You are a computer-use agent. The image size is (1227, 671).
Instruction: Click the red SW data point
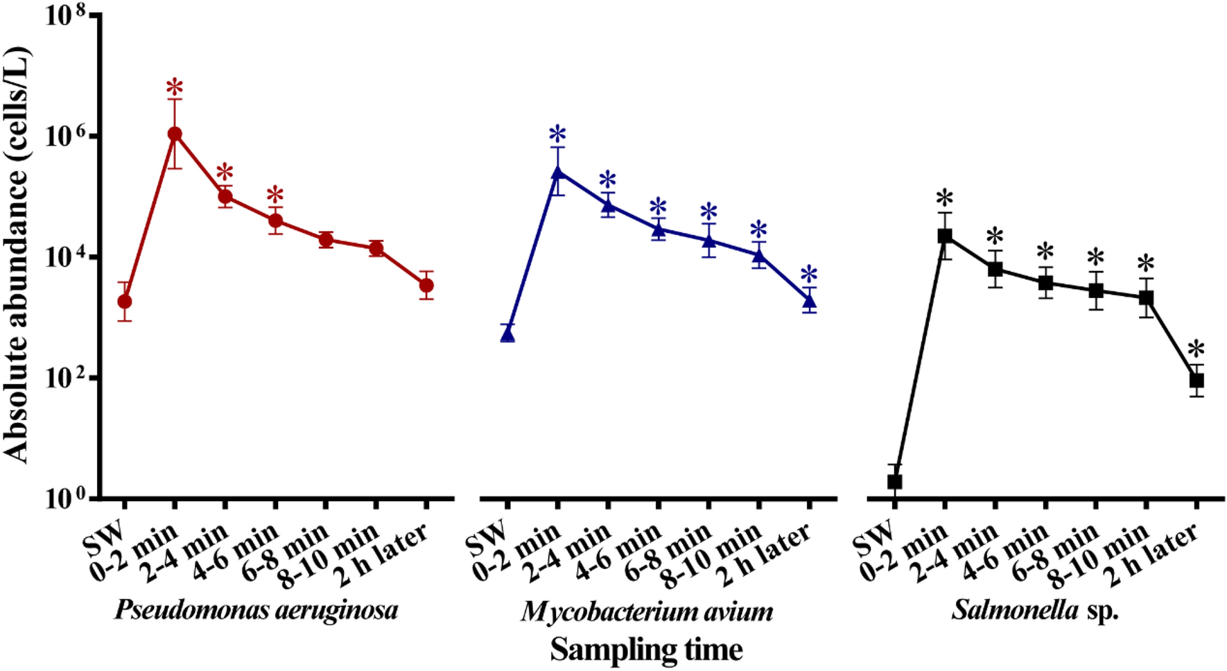125,302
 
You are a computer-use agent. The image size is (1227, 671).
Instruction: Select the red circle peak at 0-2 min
175,134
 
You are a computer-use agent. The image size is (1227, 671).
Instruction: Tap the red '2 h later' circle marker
426,285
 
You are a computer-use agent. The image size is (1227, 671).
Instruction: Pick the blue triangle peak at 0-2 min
557,171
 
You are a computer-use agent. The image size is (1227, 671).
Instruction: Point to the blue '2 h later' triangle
809,300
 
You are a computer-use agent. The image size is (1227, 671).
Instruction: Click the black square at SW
894,481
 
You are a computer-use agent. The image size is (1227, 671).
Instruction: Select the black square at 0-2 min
945,236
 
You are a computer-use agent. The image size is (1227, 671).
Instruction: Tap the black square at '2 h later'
1196,381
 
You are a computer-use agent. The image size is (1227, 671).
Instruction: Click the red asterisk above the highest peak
175,89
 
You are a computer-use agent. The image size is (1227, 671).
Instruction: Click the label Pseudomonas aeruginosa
256,611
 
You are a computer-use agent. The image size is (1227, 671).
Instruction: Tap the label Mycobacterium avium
647,611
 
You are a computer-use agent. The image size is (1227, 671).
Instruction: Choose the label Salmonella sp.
1034,611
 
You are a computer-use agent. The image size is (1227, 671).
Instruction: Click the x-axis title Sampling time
646,650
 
